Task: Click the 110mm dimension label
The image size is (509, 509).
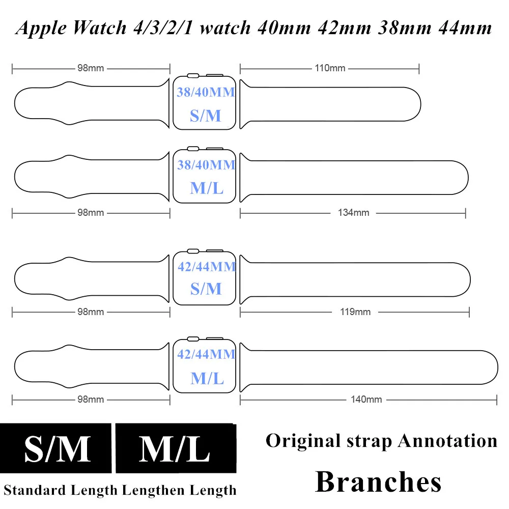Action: click(330, 68)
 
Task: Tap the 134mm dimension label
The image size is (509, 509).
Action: click(353, 213)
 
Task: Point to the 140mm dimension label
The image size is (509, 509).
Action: click(366, 400)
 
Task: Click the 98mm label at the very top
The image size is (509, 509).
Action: click(91, 68)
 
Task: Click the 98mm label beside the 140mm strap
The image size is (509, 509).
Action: click(91, 400)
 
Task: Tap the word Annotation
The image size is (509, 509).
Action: click(447, 440)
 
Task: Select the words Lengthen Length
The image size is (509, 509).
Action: click(179, 490)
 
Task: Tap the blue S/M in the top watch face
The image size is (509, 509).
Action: click(206, 116)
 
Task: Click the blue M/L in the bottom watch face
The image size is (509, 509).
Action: click(207, 378)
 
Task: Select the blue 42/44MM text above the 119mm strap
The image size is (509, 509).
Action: click(207, 266)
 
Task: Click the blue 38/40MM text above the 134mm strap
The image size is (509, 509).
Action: click(206, 165)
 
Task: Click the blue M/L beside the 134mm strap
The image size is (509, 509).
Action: click(207, 188)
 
